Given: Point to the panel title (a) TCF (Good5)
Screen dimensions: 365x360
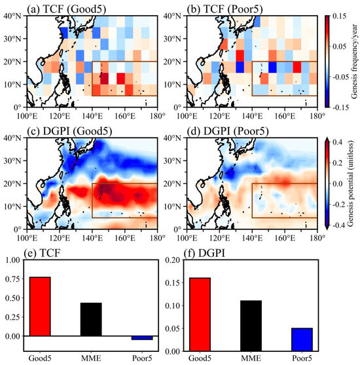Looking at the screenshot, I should click(x=64, y=8).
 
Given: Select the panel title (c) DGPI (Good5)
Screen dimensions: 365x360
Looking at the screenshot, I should click(x=67, y=130).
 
